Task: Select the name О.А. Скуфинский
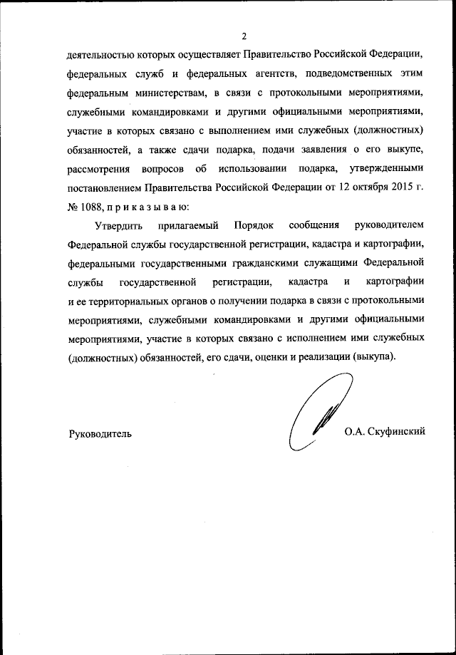click(384, 432)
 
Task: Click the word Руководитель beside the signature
click(100, 433)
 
